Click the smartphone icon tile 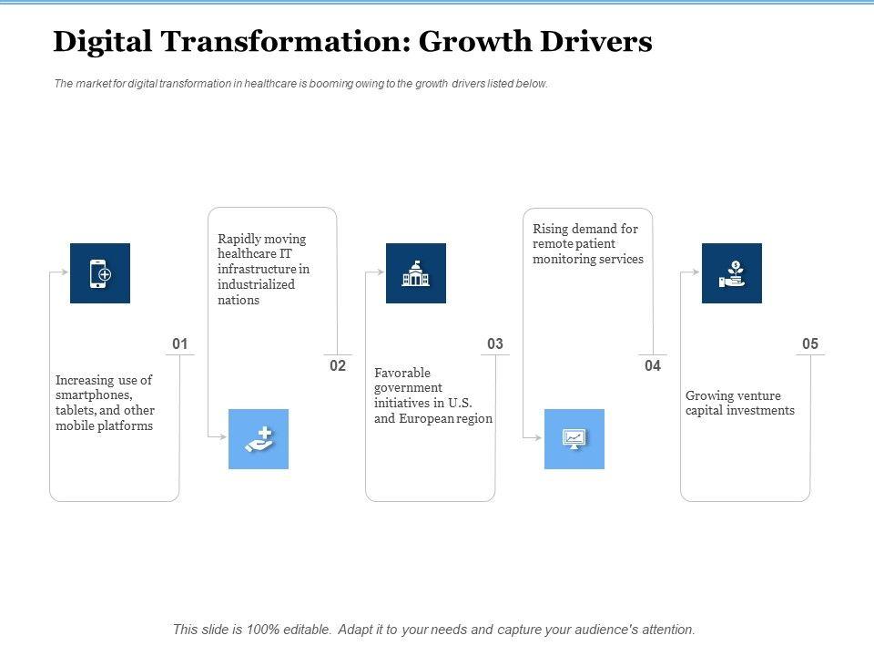pyautogui.click(x=100, y=273)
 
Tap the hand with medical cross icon pyautogui.click(x=259, y=439)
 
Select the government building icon pyautogui.click(x=416, y=273)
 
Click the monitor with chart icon pyautogui.click(x=574, y=439)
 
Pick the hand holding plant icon pyautogui.click(x=732, y=273)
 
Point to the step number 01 pyautogui.click(x=179, y=344)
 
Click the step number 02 pyautogui.click(x=338, y=365)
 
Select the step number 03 pyautogui.click(x=495, y=344)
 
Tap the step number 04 pyautogui.click(x=653, y=365)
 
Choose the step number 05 pyautogui.click(x=810, y=344)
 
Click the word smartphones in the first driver pyautogui.click(x=94, y=395)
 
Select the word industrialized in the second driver pyautogui.click(x=256, y=285)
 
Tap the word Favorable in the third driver pyautogui.click(x=402, y=373)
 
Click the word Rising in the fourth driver pyautogui.click(x=550, y=229)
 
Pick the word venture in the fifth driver pyautogui.click(x=759, y=395)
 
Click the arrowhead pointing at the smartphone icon pyautogui.click(x=66, y=272)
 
